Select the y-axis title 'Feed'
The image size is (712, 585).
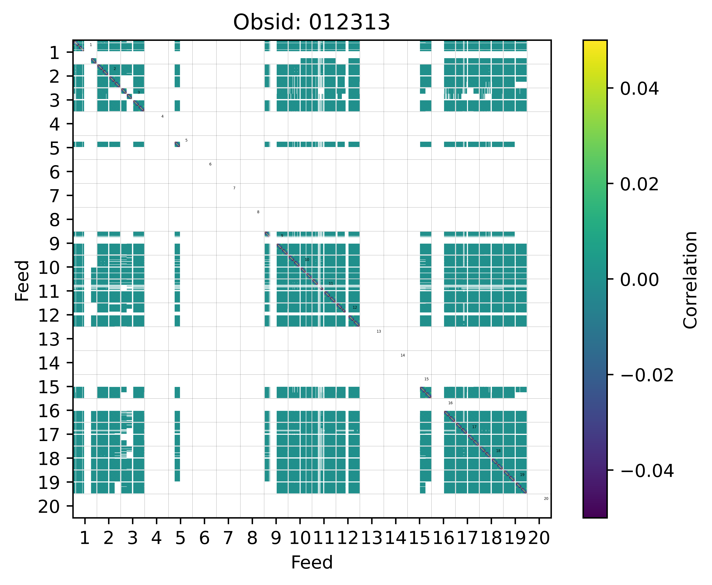[x=22, y=280]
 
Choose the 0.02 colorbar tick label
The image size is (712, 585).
[x=639, y=184]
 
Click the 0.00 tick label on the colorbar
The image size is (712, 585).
[x=639, y=280]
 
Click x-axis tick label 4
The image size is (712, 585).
[x=156, y=538]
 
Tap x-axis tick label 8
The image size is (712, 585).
[x=252, y=538]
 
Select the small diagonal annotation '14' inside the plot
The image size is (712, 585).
[x=402, y=355]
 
